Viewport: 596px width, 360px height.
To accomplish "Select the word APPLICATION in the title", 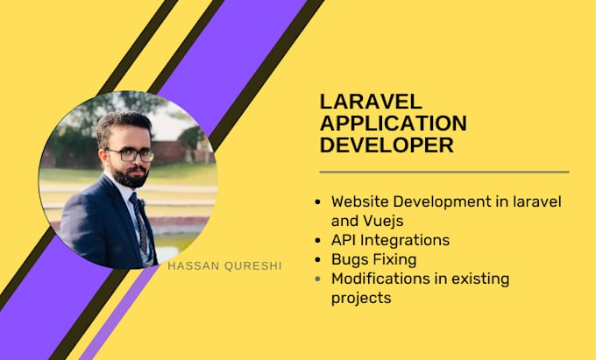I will tap(393, 123).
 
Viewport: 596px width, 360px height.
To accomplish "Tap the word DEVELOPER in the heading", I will tap(387, 145).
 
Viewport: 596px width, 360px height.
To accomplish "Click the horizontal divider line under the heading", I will tap(443, 172).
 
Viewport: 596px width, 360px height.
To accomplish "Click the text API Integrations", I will tap(390, 239).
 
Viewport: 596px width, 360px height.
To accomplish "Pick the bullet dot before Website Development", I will tap(317, 201).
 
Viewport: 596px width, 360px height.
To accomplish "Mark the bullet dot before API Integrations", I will tap(317, 240).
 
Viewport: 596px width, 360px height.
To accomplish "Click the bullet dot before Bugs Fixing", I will tap(317, 259).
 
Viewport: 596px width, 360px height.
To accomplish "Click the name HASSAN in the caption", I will tap(192, 265).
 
